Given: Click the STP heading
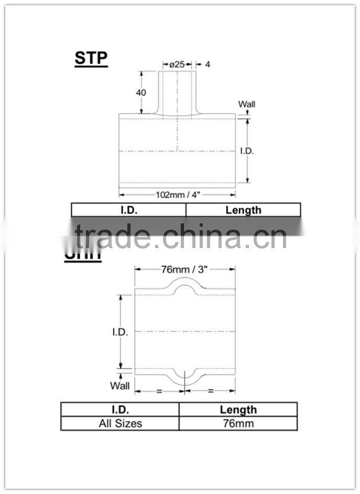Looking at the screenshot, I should coord(91,58).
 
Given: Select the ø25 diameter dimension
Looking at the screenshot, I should coord(177,65).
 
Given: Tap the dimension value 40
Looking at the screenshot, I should coord(141,92).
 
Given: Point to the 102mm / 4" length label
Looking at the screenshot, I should coord(178,195).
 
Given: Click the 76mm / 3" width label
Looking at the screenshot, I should coord(184,270).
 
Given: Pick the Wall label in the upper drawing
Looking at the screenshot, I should coord(247,104).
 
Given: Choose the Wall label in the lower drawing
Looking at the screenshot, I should coord(119,386).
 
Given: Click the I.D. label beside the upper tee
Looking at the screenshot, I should coord(247,151).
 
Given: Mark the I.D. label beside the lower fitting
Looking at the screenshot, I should coord(120,332).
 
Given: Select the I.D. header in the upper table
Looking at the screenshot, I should coord(128,210).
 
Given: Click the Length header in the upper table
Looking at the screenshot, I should coord(243,210).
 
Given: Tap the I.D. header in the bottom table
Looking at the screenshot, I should coord(120,410).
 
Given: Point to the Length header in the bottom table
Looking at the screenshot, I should coord(238,410).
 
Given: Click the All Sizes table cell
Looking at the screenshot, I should coord(120,423).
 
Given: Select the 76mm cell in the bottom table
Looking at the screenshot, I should coord(238,423).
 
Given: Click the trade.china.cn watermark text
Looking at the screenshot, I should coord(180,237).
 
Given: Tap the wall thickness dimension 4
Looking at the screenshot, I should coord(208,65).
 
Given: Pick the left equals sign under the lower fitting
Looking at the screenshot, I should coord(159,391).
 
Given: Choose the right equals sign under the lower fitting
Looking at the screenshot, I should coord(211,391).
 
